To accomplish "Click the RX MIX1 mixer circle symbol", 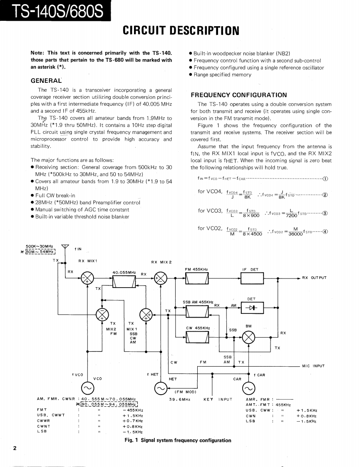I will tap(87, 279).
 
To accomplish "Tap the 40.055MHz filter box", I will tap(124, 282).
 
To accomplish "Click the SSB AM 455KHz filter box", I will tap(197, 311).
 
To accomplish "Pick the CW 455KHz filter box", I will tap(197, 337).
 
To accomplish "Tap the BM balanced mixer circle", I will tap(248, 337).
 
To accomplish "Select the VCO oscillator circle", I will tap(87, 388).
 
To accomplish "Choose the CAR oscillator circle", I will tap(248, 388).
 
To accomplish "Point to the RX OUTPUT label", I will tap(314, 278).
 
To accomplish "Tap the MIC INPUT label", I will tap(313, 366).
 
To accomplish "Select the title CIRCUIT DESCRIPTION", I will tap(181, 30).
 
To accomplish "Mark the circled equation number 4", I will tap(325, 232).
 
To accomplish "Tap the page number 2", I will tap(15, 448).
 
